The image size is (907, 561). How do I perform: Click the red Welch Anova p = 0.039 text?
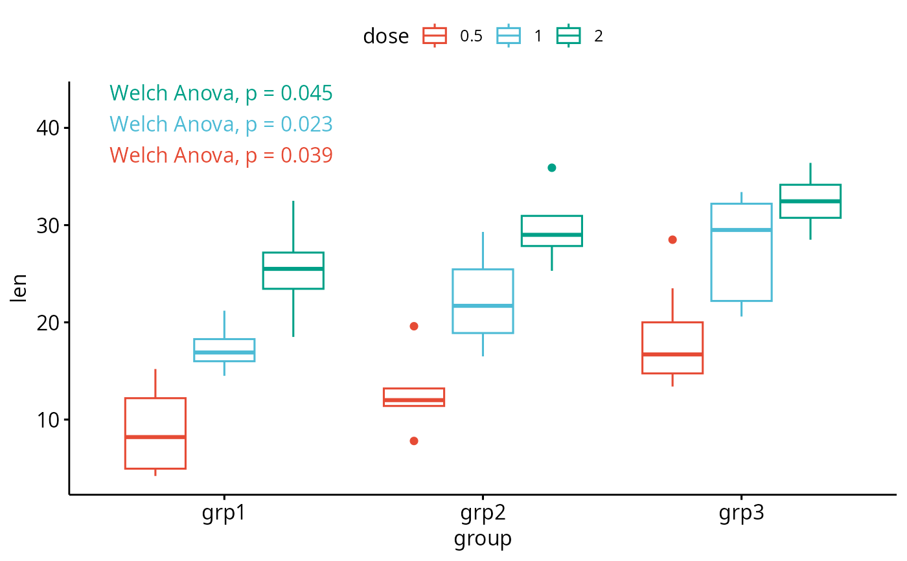[221, 155]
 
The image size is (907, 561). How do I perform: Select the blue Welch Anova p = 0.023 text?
[221, 124]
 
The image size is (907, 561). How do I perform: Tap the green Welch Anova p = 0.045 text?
[221, 93]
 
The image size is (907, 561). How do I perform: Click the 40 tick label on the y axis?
[48, 128]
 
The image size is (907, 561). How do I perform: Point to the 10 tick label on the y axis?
[48, 420]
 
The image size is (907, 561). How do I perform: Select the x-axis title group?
[483, 538]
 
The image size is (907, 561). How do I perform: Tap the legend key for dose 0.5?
[434, 36]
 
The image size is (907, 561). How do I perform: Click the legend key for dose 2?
[569, 36]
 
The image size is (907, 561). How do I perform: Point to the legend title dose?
[385, 36]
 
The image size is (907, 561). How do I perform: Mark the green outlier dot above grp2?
[552, 168]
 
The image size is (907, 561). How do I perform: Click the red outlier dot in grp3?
[672, 240]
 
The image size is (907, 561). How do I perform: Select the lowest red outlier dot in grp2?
[414, 441]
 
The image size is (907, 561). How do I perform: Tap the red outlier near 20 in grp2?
[414, 326]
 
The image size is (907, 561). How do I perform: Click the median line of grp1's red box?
[155, 437]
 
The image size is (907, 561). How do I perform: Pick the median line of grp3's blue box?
[741, 230]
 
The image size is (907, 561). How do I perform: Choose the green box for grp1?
[293, 279]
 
